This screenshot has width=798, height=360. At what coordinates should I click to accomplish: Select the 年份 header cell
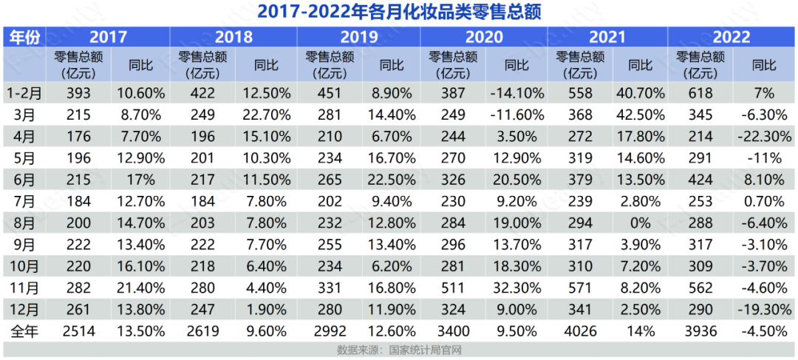[24, 37]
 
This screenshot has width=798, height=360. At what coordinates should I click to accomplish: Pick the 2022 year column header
[731, 37]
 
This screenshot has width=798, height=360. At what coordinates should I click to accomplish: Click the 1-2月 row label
[24, 92]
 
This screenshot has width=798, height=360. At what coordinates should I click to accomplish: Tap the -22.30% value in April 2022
[763, 136]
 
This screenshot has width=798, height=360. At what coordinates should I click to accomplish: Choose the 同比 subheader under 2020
[516, 65]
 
